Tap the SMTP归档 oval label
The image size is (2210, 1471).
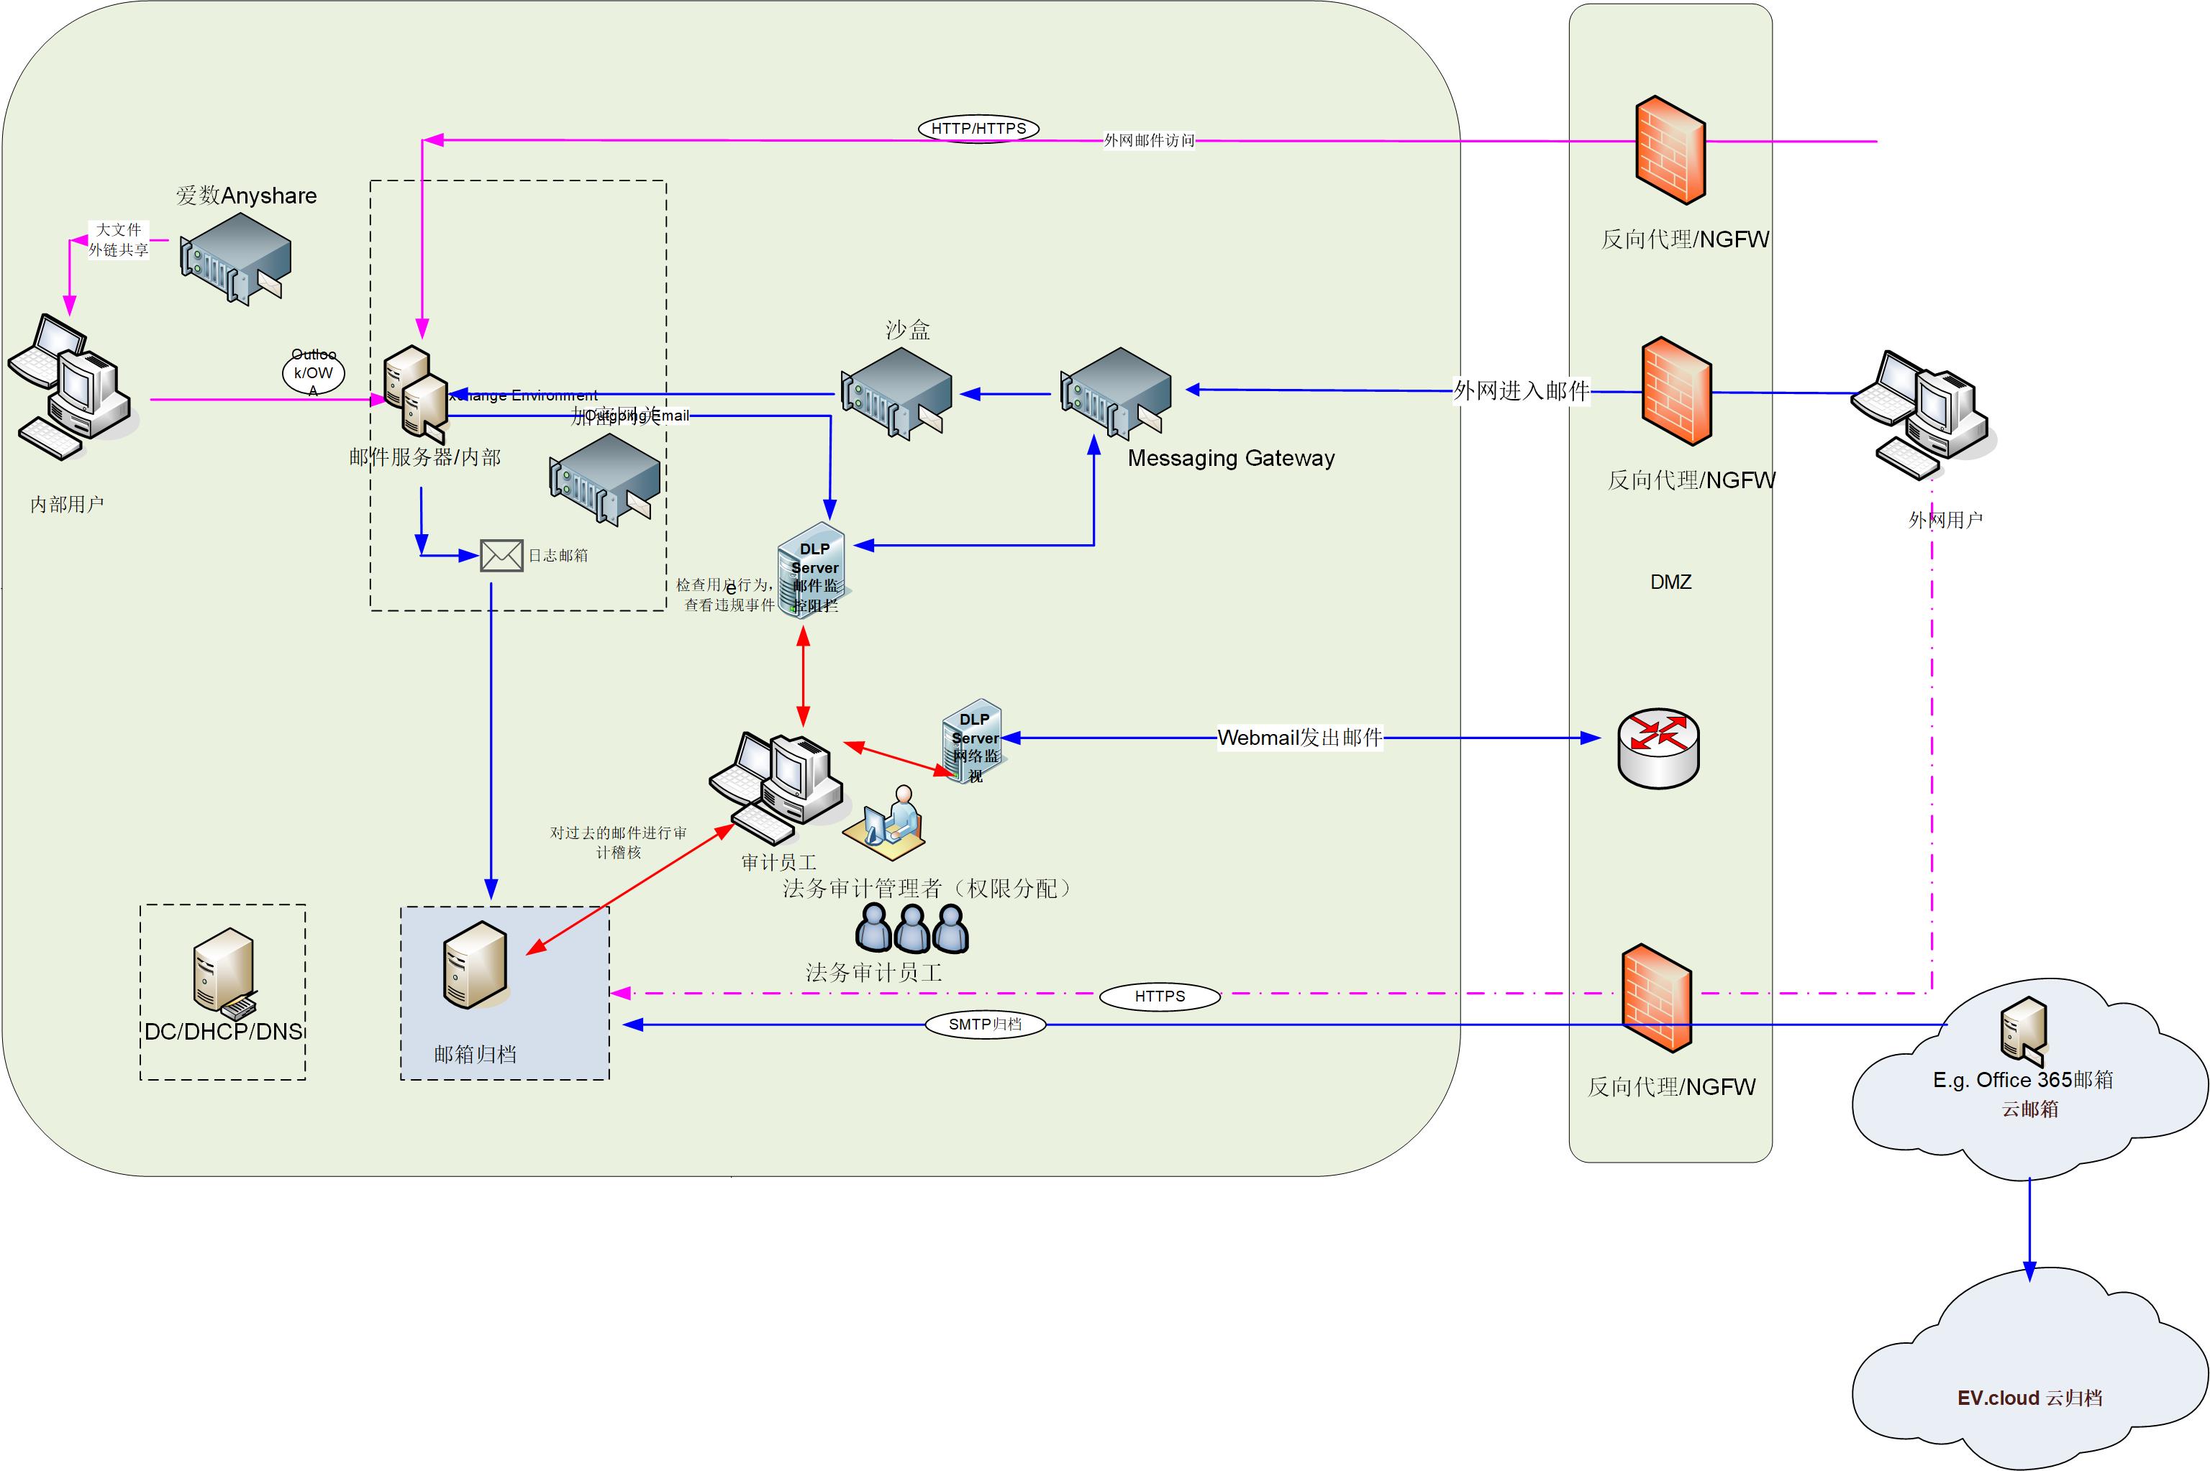[984, 1025]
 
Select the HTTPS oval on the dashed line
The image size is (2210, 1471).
[1159, 996]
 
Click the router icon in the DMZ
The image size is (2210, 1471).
[1658, 748]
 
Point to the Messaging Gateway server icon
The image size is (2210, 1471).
[1116, 392]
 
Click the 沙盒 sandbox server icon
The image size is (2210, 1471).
[896, 392]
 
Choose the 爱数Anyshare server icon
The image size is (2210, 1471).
[235, 258]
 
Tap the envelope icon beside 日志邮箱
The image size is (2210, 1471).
[501, 555]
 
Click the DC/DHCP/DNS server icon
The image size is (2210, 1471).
[224, 971]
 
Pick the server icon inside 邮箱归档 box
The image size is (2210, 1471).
[476, 964]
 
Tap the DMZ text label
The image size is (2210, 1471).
[1670, 582]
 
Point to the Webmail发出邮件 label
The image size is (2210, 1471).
[1300, 738]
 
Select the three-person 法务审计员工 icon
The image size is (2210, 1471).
[911, 929]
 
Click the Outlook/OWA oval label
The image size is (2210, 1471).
[314, 372]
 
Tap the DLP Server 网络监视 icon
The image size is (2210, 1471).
[973, 741]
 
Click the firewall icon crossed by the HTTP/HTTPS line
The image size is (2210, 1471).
[1670, 150]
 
